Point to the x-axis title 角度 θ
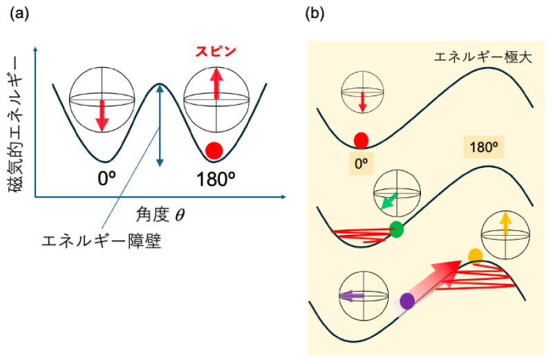[x=160, y=215]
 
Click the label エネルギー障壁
[x=102, y=243]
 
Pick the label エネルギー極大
[x=482, y=57]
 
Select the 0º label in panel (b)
[x=361, y=163]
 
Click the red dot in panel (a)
[x=214, y=149]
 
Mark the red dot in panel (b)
[x=361, y=141]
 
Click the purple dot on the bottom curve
[x=407, y=301]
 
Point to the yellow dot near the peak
[x=475, y=256]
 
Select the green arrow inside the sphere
[x=389, y=201]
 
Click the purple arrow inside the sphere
[x=352, y=295]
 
